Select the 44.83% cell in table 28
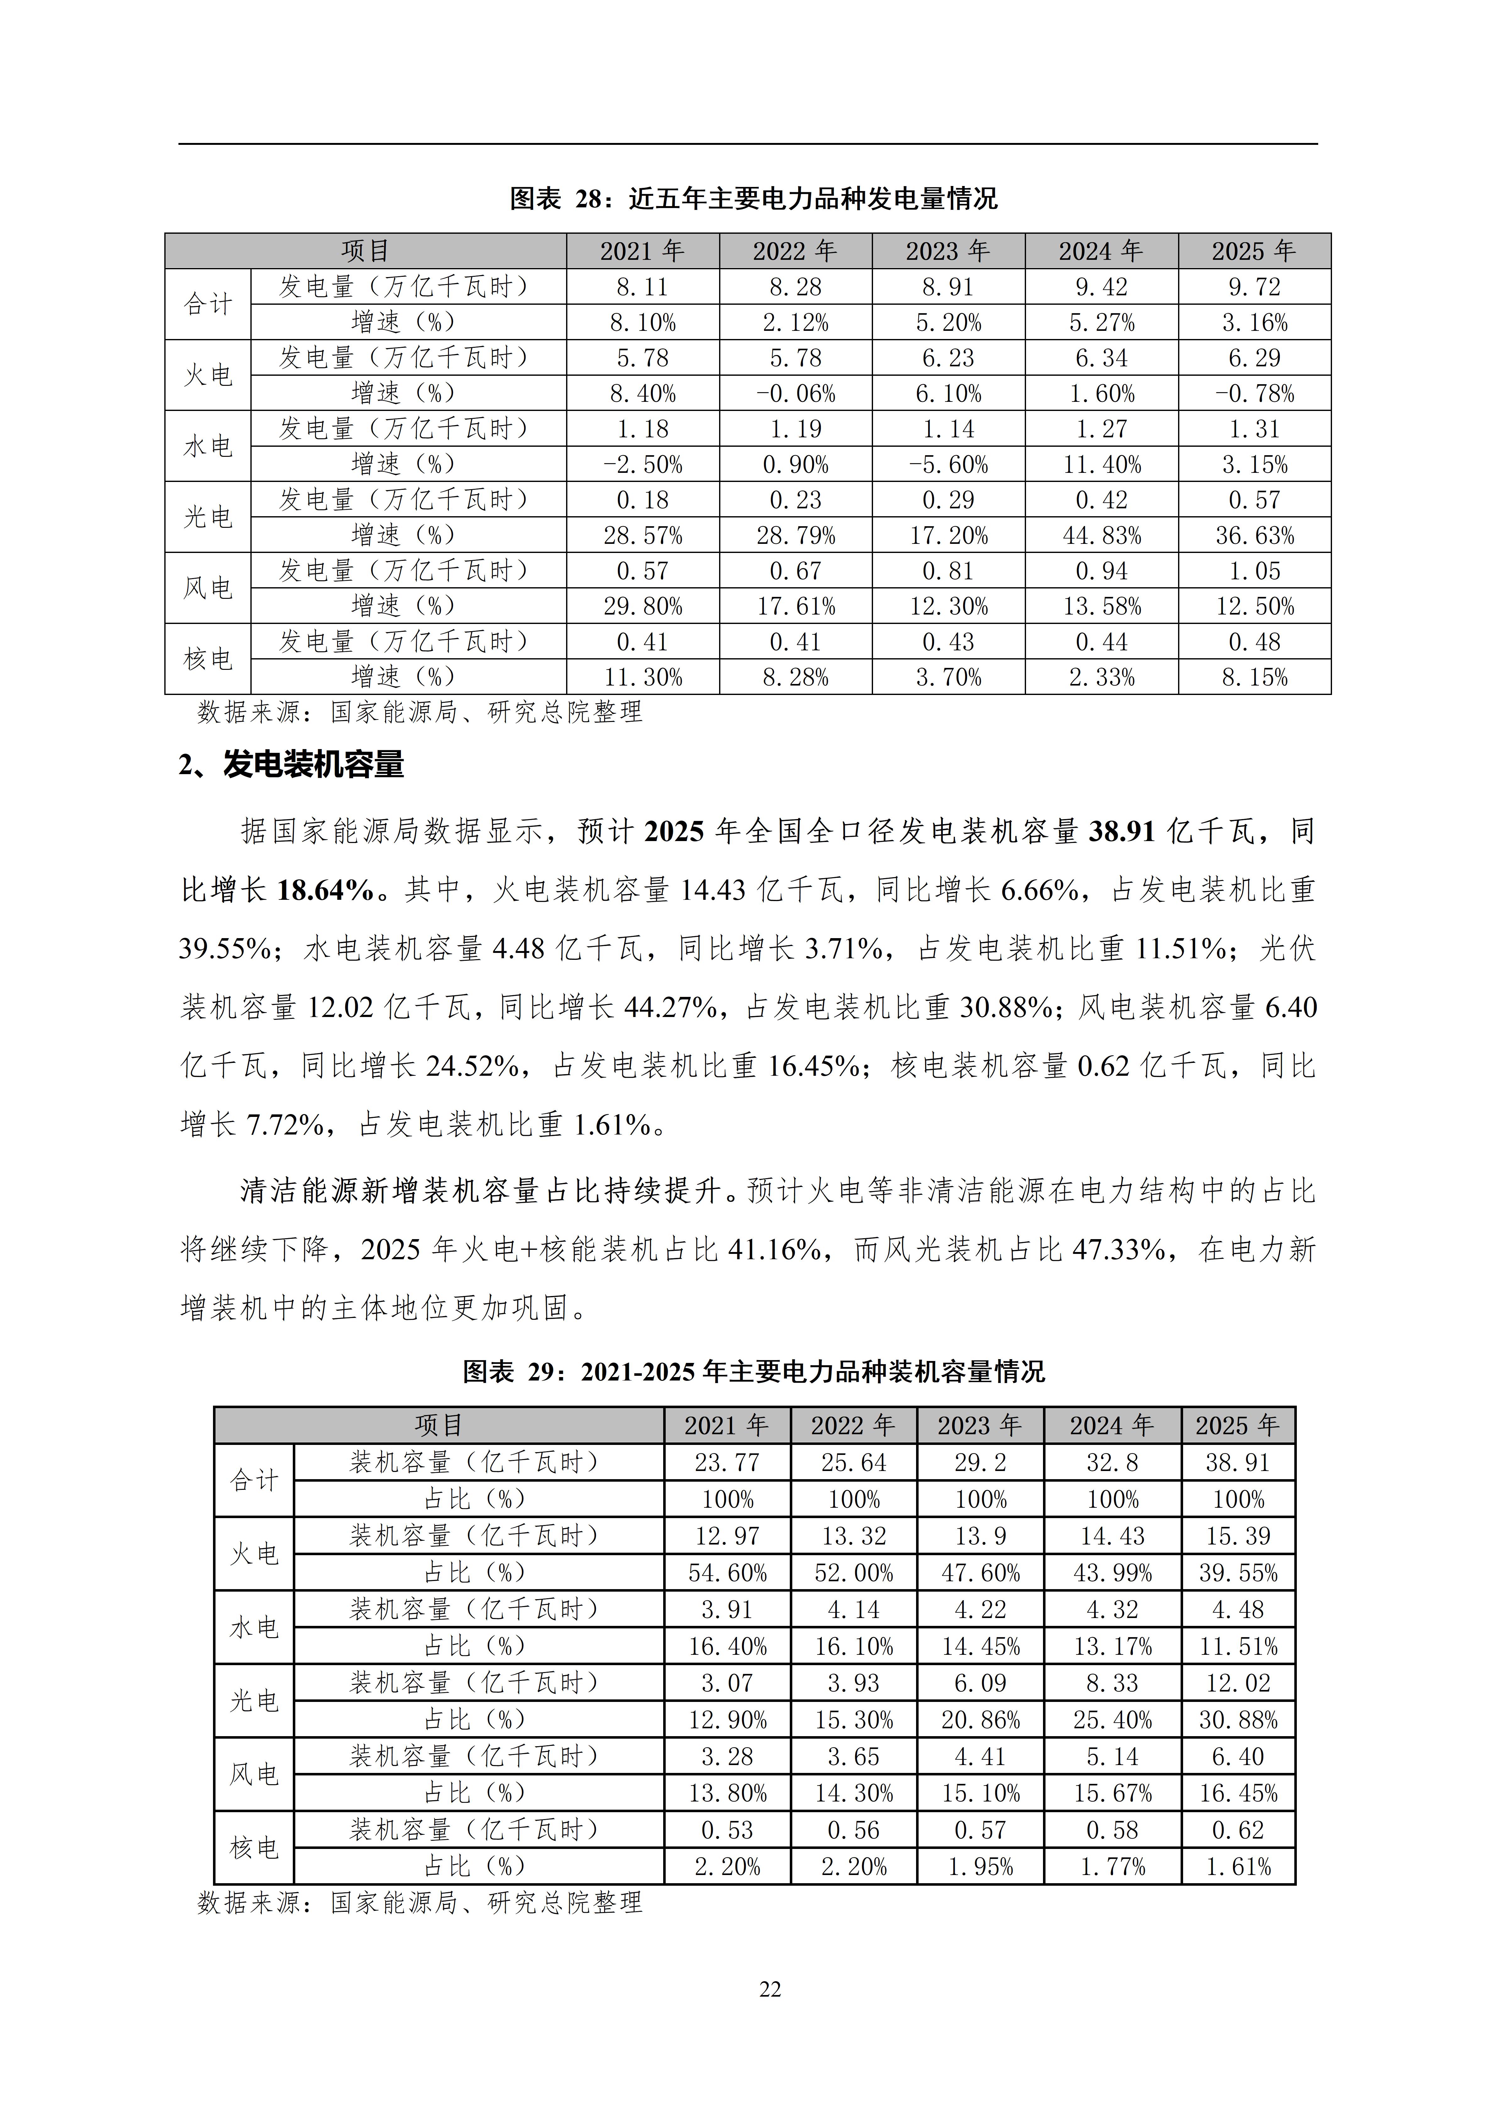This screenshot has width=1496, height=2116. pos(1101,535)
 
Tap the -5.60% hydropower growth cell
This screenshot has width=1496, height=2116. pos(948,464)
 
